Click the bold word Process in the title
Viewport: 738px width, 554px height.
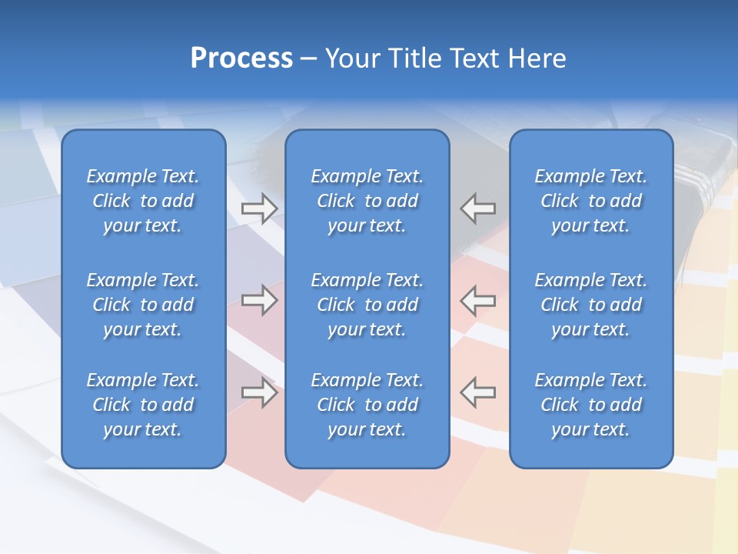(x=241, y=58)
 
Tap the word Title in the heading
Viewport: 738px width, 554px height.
(x=416, y=58)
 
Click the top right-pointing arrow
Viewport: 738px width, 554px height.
(x=259, y=209)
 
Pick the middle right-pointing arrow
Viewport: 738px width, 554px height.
(x=259, y=299)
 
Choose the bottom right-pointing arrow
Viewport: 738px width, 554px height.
(x=259, y=392)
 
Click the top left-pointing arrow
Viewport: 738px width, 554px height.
(x=477, y=209)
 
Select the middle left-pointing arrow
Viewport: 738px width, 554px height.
(x=477, y=299)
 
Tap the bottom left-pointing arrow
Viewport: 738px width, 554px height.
(x=477, y=392)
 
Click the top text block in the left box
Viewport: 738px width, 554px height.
(x=143, y=201)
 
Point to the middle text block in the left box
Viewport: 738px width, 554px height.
(x=143, y=305)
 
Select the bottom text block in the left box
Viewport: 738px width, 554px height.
(x=143, y=405)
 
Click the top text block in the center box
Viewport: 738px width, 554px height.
(x=367, y=201)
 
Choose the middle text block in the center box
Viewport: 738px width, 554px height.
(x=367, y=305)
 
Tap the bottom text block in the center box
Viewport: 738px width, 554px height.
(x=367, y=405)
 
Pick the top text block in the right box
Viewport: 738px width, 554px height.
(x=590, y=201)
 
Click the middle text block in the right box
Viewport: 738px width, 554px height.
(x=590, y=305)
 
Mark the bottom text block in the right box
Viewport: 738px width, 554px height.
(x=590, y=405)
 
